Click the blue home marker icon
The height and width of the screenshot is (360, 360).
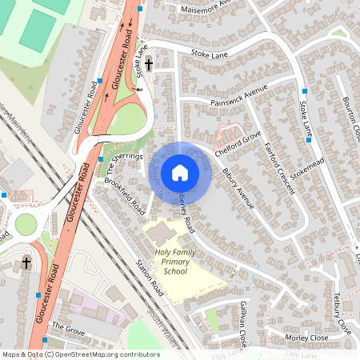tap(180, 173)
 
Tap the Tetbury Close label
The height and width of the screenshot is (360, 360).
tap(339, 314)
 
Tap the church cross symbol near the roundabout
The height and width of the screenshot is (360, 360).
tap(26, 262)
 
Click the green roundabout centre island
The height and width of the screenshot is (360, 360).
tap(25, 224)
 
